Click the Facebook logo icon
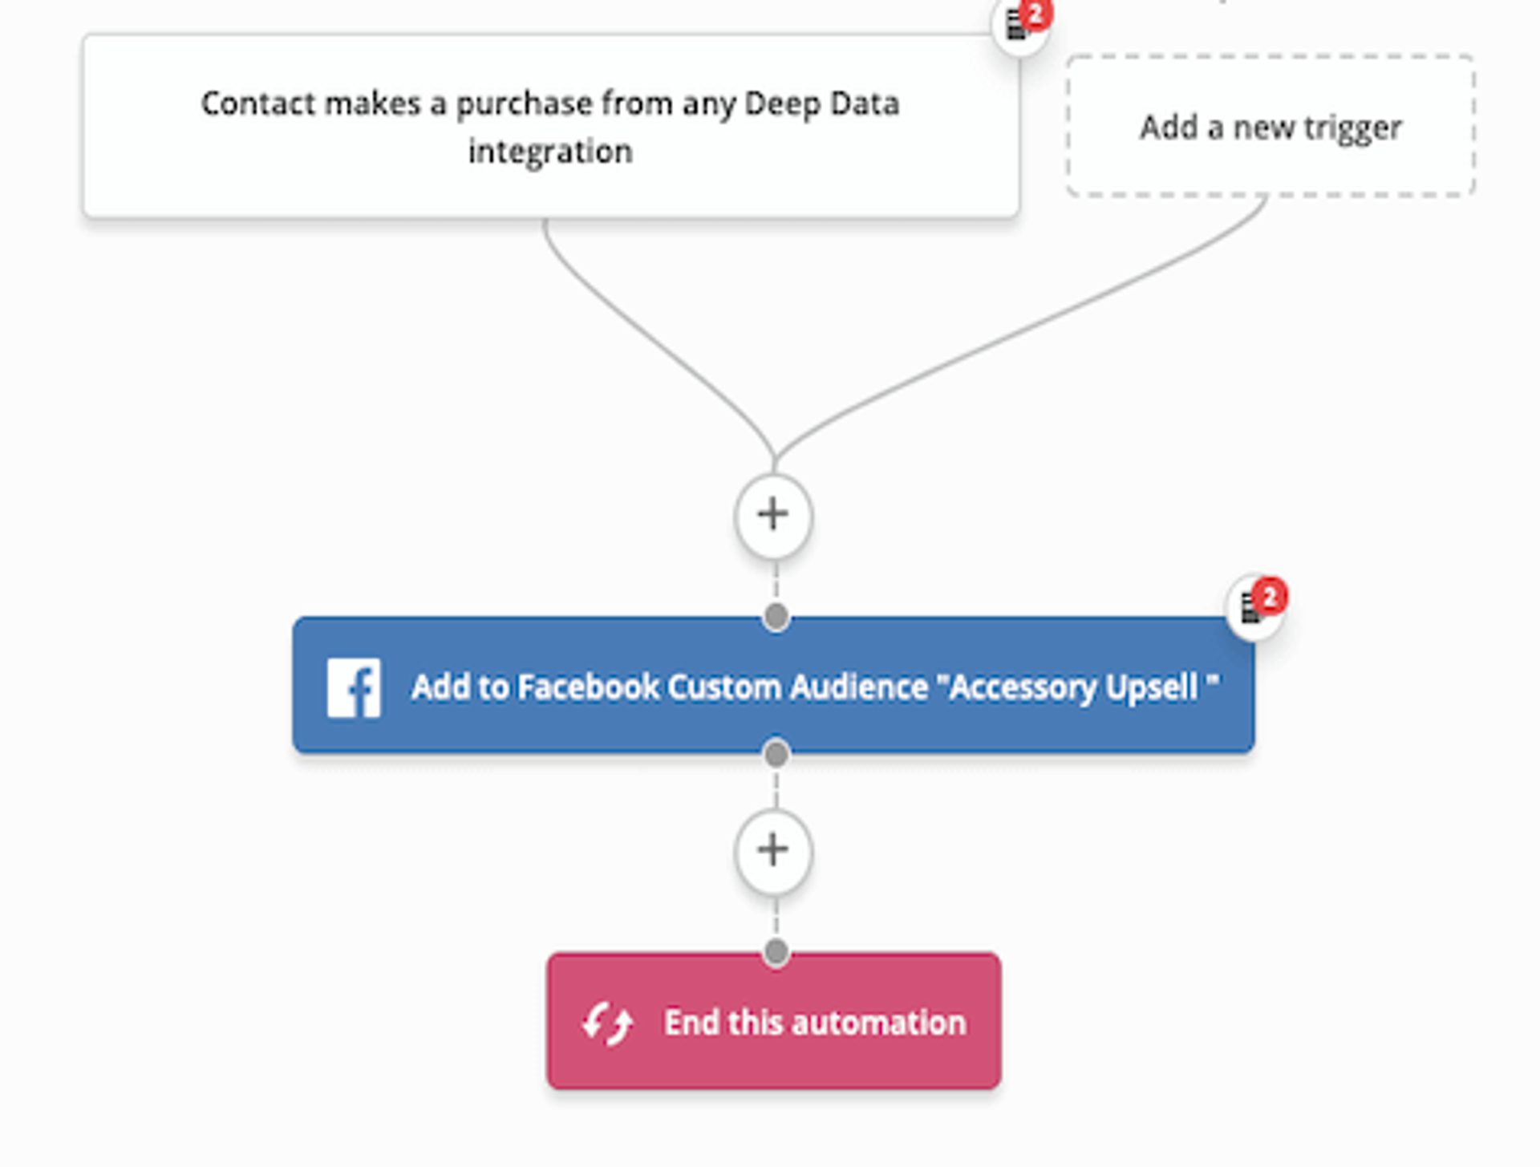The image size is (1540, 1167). (x=354, y=688)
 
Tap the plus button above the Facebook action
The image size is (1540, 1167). (x=773, y=515)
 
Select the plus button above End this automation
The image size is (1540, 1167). (x=773, y=850)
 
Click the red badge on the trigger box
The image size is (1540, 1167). (x=1035, y=14)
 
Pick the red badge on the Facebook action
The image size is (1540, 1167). (x=1270, y=597)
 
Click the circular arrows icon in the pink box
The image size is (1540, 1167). (x=607, y=1023)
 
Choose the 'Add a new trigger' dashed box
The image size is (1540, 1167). (x=1270, y=127)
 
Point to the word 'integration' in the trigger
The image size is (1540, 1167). (x=550, y=152)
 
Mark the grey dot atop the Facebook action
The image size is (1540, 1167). (x=776, y=617)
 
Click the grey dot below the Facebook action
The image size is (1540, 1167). (x=776, y=754)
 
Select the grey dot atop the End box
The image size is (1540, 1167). (x=776, y=952)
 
